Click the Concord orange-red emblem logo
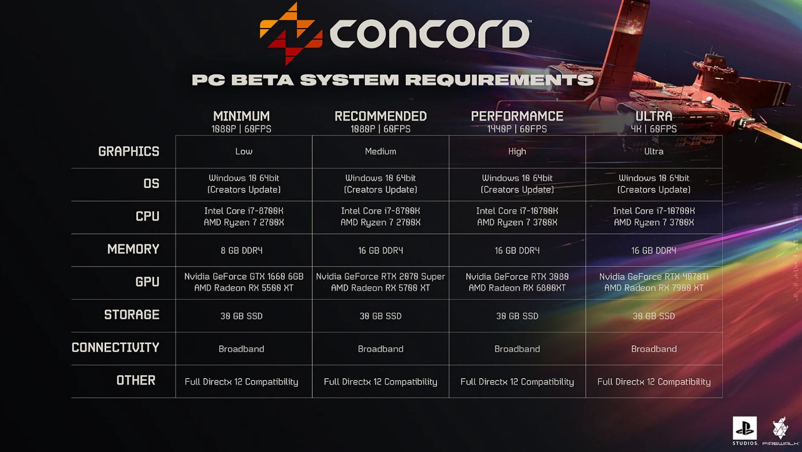291,34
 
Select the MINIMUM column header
241,116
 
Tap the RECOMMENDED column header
380,116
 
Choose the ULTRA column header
654,116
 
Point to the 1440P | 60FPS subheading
517,129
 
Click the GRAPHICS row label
129,152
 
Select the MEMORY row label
133,249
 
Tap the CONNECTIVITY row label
115,348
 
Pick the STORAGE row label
132,315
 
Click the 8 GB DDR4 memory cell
242,251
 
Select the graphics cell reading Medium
380,152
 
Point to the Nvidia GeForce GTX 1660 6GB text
244,276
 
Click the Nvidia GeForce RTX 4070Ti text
654,276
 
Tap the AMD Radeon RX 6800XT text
517,288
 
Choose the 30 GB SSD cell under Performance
517,316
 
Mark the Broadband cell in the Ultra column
654,349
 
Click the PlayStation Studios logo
745,430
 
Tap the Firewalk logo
780,430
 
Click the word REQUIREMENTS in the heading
500,80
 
